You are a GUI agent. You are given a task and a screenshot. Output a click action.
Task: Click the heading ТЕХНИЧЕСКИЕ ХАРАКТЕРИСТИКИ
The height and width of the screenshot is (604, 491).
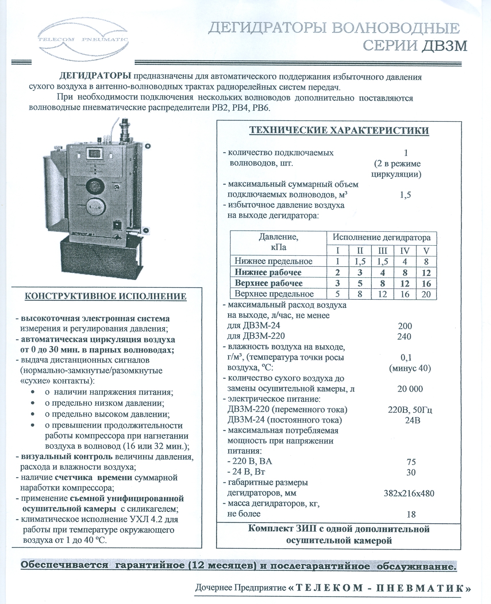point(339,130)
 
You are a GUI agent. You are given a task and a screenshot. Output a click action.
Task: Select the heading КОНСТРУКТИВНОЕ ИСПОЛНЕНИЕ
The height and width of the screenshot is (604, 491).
point(106,296)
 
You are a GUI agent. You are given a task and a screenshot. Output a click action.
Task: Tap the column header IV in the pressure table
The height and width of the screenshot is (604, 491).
point(405,251)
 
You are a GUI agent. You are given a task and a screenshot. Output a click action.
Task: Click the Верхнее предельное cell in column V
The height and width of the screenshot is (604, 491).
point(426,294)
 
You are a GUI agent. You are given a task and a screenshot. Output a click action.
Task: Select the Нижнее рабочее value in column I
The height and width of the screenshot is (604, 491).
point(338,272)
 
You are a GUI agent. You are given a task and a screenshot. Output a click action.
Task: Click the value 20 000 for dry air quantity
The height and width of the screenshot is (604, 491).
point(410,389)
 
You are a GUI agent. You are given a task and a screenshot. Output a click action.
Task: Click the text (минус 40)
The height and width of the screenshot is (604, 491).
point(410,368)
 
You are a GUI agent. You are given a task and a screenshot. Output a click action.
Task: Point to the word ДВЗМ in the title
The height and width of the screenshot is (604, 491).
point(444,46)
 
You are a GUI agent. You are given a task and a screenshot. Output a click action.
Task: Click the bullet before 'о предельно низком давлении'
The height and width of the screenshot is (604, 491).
point(33,403)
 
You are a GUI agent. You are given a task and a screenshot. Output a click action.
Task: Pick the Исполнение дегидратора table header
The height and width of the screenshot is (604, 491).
point(382,238)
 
